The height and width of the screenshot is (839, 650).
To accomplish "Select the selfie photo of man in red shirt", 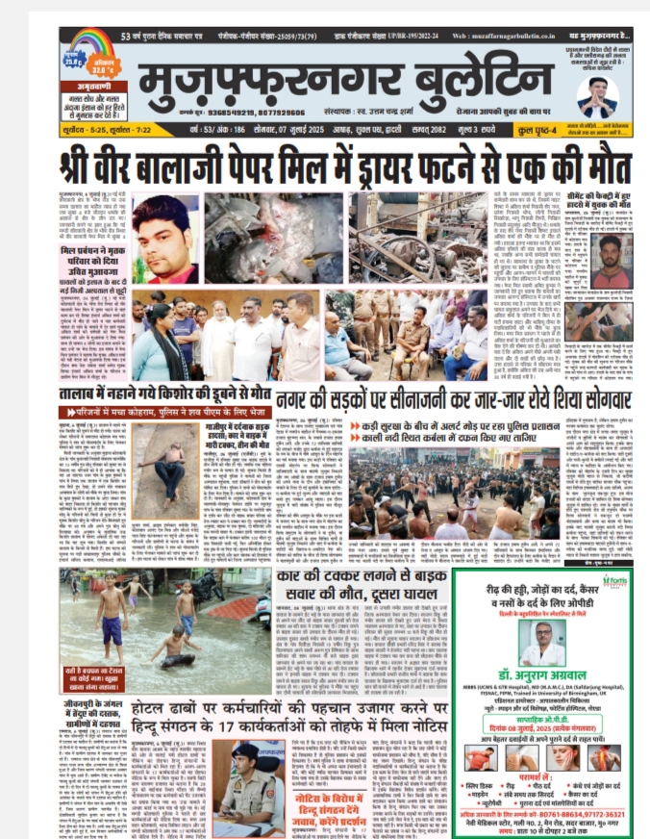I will pos(611,258).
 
